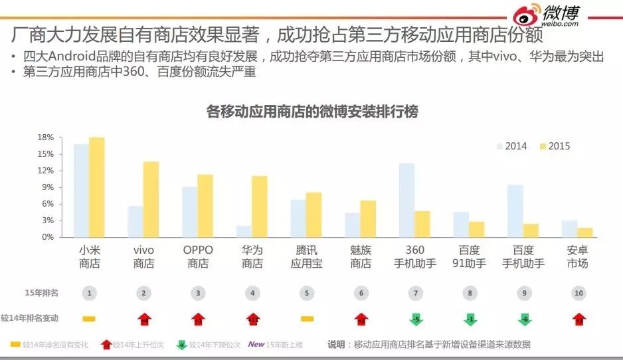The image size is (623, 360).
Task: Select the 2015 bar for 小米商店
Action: tap(97, 187)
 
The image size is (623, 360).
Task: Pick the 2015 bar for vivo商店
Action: tap(151, 199)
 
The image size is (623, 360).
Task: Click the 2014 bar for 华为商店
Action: tap(244, 231)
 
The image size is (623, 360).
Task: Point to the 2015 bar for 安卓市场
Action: tap(584, 232)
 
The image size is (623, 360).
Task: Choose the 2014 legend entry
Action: tap(512, 146)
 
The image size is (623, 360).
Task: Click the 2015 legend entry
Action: tap(555, 146)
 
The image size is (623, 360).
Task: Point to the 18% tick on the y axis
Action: tap(45, 137)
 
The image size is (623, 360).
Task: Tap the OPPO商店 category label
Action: tap(198, 257)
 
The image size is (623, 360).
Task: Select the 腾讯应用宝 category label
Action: tap(306, 257)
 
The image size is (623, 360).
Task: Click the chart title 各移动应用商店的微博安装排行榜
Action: tap(312, 112)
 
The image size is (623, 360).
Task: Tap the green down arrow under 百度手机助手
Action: tap(523, 319)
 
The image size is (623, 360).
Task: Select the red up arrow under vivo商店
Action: tap(143, 319)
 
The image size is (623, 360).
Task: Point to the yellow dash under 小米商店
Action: tap(89, 319)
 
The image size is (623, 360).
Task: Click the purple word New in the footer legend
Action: tap(256, 344)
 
